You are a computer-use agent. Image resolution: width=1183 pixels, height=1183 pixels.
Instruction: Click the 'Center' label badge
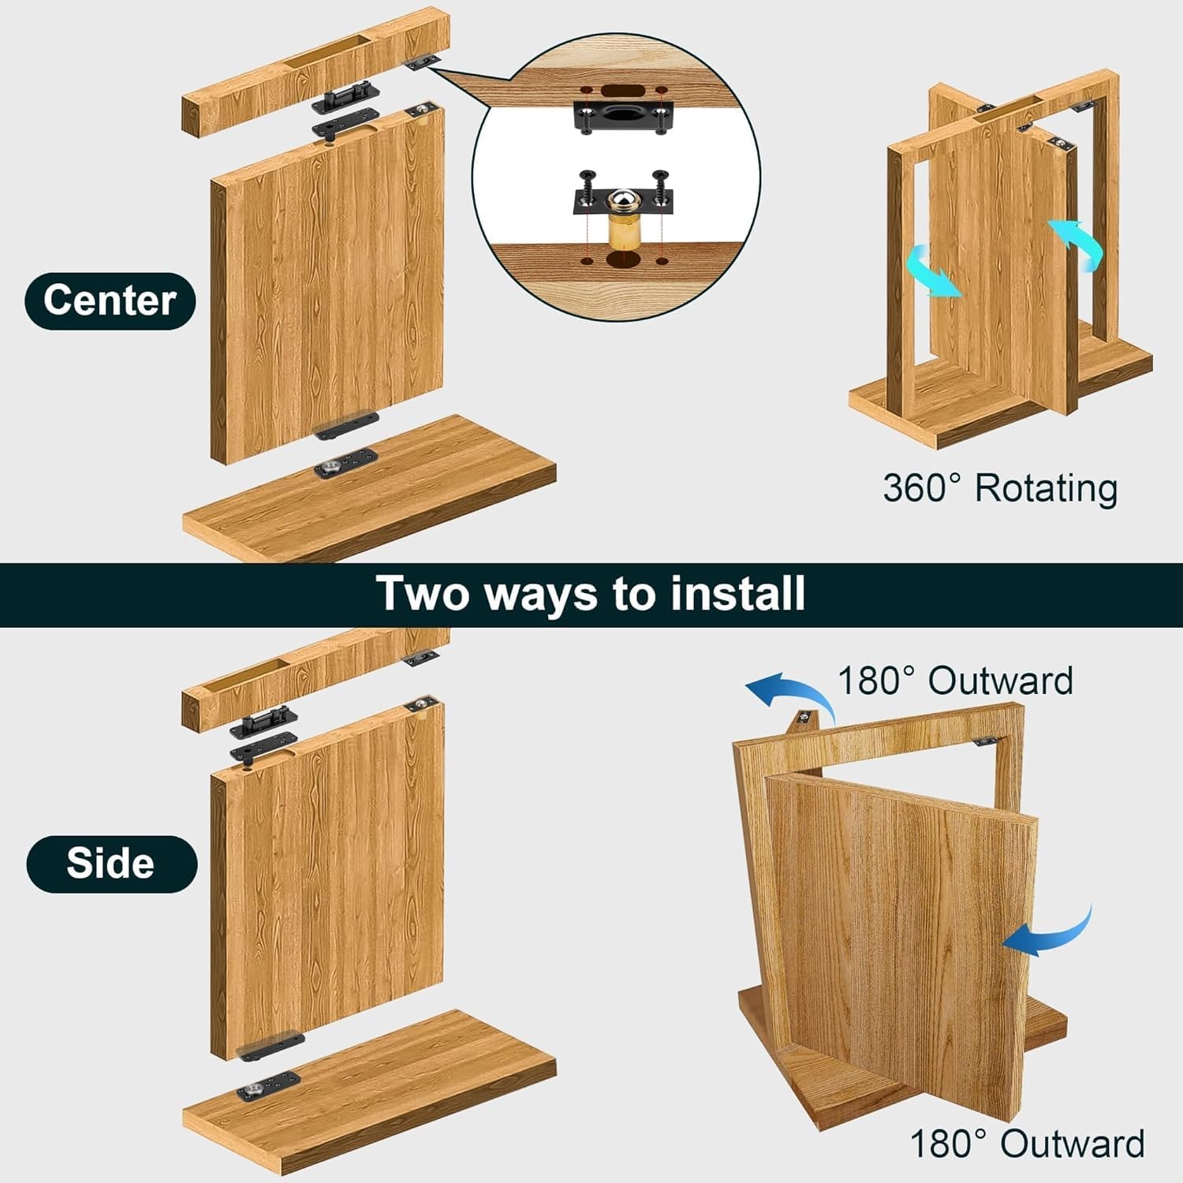[110, 300]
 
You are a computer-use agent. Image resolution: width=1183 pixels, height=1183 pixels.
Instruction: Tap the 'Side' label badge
[111, 863]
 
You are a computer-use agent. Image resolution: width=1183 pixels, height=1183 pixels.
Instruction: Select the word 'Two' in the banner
[424, 593]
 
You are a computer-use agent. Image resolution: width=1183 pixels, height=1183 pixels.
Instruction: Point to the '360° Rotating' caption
[999, 488]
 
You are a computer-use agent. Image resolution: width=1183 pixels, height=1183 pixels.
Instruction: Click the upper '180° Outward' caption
[954, 681]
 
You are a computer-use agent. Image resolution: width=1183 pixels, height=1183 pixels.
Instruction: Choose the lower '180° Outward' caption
[1026, 1143]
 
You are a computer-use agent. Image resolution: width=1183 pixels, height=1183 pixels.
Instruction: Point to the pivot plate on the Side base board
[268, 1088]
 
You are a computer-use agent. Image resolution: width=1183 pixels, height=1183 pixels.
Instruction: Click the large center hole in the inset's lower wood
[621, 260]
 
